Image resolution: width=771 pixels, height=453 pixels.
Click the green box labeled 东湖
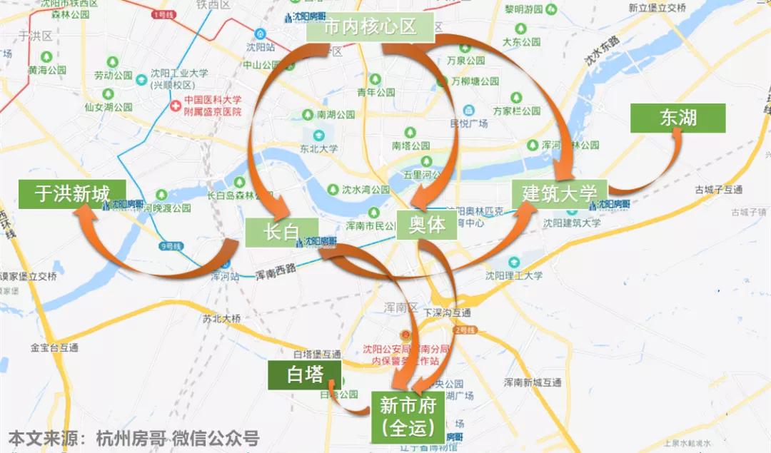point(677,118)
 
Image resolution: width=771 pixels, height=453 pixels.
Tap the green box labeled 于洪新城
point(72,194)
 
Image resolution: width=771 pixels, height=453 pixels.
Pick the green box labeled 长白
point(272,233)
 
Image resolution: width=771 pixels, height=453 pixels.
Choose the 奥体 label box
point(427,225)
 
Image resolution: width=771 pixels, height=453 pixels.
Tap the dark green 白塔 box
point(306,375)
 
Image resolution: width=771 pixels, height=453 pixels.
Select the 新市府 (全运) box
point(408,417)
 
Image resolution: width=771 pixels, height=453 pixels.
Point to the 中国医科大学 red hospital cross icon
point(175,106)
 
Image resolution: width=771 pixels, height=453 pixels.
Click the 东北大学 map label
point(319,148)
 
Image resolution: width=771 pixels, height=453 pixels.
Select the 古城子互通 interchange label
point(719,190)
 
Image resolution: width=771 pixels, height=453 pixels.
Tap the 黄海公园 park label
point(47,71)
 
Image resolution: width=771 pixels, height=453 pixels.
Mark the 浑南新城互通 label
point(533,382)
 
